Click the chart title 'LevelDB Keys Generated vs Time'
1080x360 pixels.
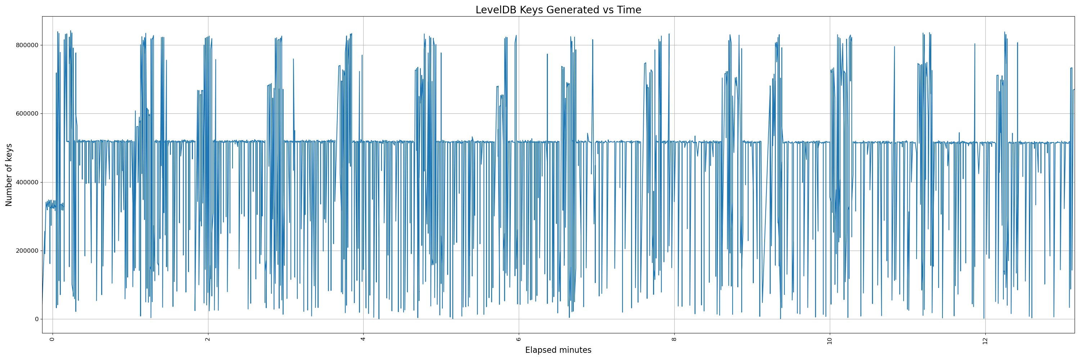(x=558, y=10)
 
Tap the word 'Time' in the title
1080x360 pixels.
(x=629, y=10)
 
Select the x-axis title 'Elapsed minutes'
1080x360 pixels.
(x=558, y=350)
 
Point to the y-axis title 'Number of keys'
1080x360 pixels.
(x=9, y=175)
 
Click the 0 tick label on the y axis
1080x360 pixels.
(x=36, y=319)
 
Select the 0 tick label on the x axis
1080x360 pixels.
(x=53, y=339)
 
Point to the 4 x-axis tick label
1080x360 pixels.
(x=363, y=339)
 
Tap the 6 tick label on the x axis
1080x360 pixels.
(x=519, y=339)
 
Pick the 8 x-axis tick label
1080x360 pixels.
(x=674, y=339)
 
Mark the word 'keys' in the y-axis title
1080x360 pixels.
(x=9, y=153)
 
